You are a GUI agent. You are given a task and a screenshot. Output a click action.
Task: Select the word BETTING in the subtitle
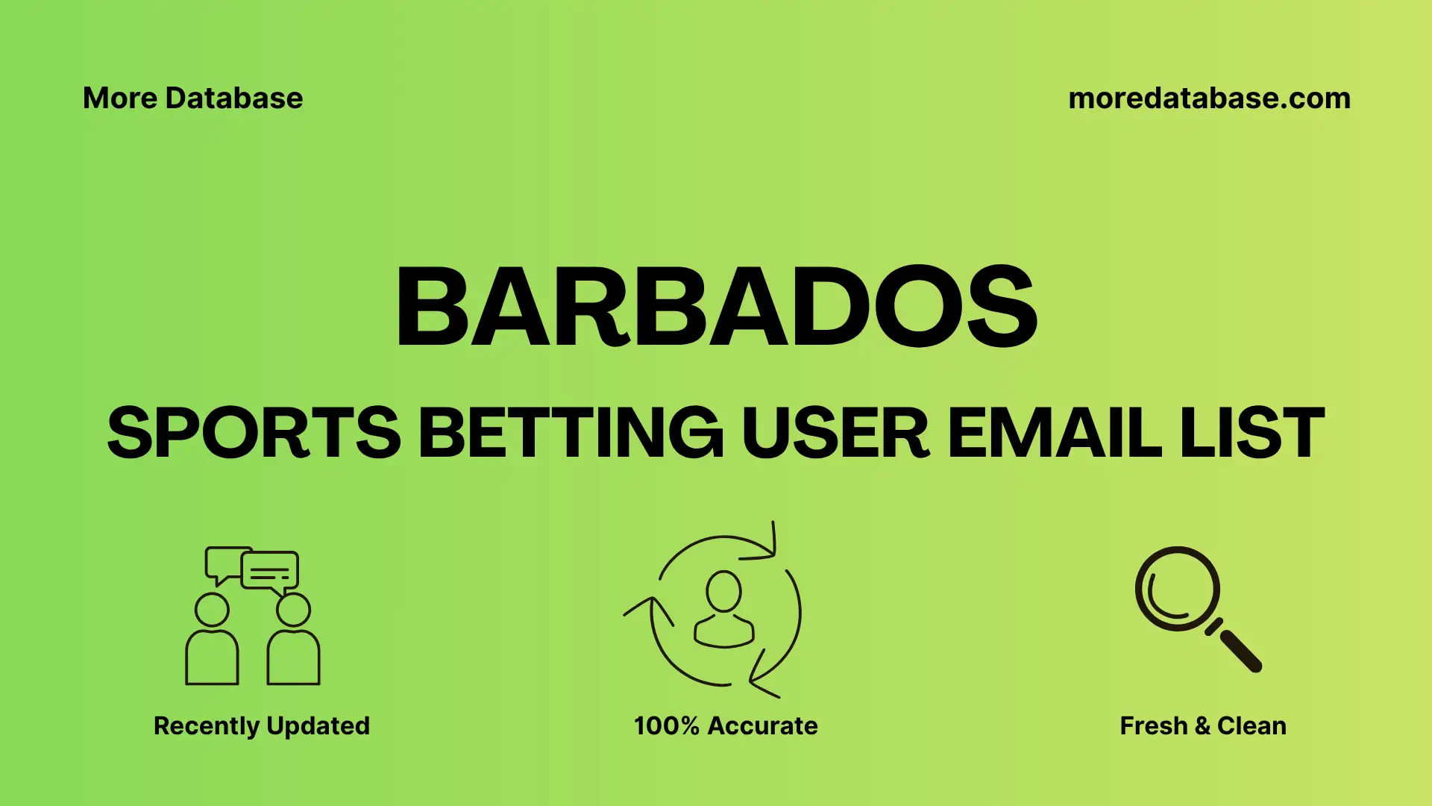pos(571,433)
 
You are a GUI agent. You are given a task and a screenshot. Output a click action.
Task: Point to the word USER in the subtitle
pos(835,433)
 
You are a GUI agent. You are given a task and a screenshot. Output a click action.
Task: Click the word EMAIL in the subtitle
pos(1054,433)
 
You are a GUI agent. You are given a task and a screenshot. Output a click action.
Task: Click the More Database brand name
pos(192,99)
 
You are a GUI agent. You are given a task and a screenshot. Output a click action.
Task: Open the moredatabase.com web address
pos(1209,99)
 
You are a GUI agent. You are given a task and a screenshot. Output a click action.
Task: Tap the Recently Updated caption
pos(261,725)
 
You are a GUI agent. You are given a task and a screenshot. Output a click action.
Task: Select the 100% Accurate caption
pos(725,725)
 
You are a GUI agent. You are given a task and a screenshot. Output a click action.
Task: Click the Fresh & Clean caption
pos(1202,725)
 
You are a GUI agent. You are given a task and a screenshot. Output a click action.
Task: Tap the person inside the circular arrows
pos(723,610)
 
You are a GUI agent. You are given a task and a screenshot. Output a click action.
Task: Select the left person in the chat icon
pos(212,642)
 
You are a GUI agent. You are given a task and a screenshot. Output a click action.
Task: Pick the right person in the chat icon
pos(293,642)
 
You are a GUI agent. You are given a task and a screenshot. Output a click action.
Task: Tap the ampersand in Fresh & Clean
pos(1202,725)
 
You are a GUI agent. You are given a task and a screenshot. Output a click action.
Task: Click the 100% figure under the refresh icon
pos(666,725)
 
